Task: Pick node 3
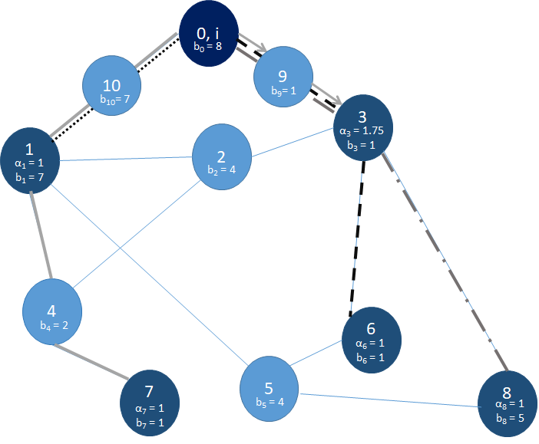click(364, 125)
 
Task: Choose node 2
click(221, 156)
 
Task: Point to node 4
click(51, 311)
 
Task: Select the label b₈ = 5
click(507, 417)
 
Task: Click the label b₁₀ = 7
click(113, 99)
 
